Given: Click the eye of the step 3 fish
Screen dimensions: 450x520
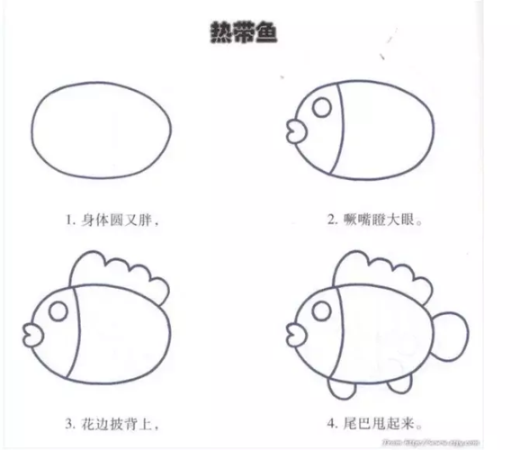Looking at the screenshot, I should click(57, 311).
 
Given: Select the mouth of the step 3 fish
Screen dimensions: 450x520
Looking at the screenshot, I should click(32, 335).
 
